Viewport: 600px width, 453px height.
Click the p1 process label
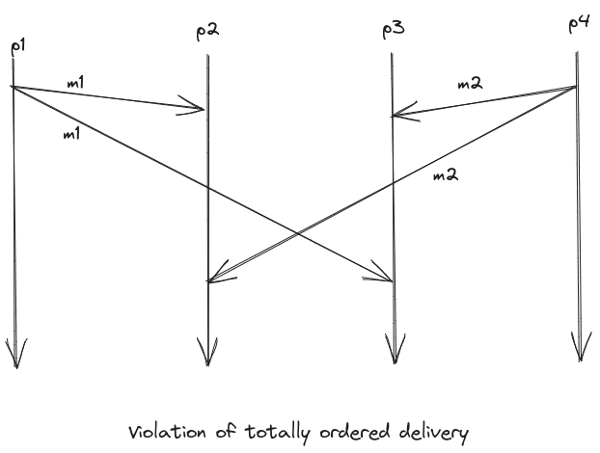coord(17,46)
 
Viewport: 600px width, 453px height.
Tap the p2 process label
coord(207,30)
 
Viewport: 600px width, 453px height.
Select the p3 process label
coord(393,31)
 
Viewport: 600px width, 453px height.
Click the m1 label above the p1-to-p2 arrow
coord(75,84)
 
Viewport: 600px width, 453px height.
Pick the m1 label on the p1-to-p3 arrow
coord(70,134)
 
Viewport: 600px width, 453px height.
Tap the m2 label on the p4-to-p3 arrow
coord(470,86)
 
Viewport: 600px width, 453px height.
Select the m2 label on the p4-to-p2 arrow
coord(446,175)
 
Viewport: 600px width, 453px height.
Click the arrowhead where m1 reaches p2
coord(198,109)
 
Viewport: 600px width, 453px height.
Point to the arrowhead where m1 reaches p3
coord(384,280)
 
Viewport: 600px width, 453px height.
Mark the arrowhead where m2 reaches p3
coord(399,116)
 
